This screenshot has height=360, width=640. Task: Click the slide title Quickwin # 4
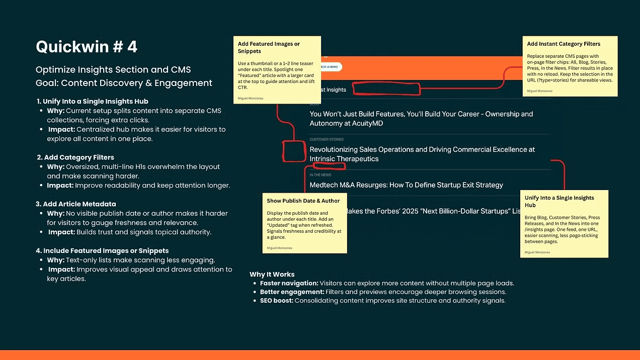pyautogui.click(x=87, y=47)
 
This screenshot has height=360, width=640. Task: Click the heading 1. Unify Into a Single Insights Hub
pyautogui.click(x=93, y=102)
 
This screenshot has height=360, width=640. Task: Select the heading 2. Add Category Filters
pyautogui.click(x=75, y=157)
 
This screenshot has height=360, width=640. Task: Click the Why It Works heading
pyautogui.click(x=272, y=275)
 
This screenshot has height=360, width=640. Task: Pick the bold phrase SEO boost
pyautogui.click(x=277, y=301)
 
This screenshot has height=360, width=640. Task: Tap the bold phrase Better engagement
pyautogui.click(x=292, y=292)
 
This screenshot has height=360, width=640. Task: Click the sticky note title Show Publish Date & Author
pyautogui.click(x=303, y=201)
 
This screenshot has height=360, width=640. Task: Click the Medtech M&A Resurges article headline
pyautogui.click(x=406, y=185)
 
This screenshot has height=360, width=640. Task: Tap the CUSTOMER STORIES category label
pyautogui.click(x=327, y=139)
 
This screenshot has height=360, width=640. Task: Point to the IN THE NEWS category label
pyautogui.click(x=321, y=175)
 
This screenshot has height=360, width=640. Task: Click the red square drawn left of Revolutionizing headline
pyautogui.click(x=294, y=151)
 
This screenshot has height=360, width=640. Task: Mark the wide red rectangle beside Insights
pyautogui.click(x=386, y=89)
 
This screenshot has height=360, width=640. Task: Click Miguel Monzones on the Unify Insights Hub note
pyautogui.click(x=537, y=252)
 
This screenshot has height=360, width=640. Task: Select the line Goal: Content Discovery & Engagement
pyautogui.click(x=124, y=83)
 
